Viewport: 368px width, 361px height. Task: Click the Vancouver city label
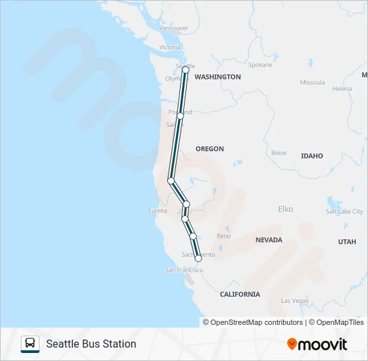(174, 28)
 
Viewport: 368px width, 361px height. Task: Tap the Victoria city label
(170, 47)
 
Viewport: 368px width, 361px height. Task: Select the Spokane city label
(260, 65)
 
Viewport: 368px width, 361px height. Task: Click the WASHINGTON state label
(217, 77)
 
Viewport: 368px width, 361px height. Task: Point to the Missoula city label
(312, 83)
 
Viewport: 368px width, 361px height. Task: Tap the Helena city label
(342, 88)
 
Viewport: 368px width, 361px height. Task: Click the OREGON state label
(209, 148)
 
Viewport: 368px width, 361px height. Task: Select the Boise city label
(278, 153)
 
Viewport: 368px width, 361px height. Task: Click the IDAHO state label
(312, 156)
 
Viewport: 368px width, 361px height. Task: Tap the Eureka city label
(157, 211)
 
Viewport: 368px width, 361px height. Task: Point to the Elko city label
(285, 209)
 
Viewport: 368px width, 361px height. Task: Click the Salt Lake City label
(345, 211)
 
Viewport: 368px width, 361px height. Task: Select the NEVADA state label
(269, 239)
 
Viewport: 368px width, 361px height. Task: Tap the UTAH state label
(347, 242)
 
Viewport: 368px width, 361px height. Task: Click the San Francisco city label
(184, 269)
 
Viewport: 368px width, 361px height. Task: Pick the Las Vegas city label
(295, 301)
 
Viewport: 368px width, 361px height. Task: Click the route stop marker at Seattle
(185, 70)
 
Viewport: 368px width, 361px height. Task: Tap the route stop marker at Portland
(180, 116)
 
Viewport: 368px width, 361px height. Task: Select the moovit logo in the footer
(317, 344)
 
